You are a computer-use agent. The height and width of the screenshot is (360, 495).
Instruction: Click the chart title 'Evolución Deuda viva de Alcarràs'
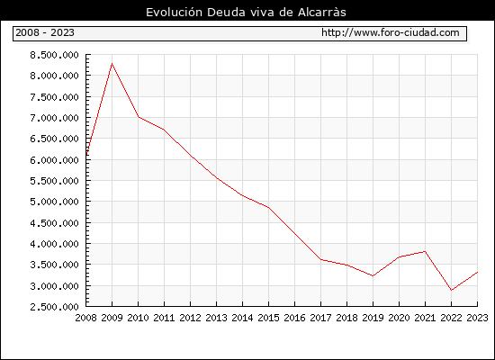246,13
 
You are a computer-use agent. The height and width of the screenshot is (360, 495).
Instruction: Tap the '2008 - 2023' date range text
45,32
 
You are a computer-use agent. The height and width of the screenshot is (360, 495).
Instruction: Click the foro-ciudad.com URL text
391,32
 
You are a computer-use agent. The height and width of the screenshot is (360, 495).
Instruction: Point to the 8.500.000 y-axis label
54,55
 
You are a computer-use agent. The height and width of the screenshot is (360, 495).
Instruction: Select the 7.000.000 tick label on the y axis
54,118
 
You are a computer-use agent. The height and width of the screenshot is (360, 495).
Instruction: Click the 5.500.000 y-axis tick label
54,181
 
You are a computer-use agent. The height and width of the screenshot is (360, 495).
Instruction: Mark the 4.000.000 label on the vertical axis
54,244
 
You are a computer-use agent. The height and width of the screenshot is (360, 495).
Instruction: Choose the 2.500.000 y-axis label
54,307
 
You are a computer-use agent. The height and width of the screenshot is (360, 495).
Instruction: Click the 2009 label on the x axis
112,318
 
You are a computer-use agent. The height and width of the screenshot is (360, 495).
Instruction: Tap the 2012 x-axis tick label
191,318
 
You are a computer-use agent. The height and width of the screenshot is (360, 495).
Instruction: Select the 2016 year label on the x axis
294,318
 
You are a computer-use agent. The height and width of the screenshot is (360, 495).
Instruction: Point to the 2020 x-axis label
399,318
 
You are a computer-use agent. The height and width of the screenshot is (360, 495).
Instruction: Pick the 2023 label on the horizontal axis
477,318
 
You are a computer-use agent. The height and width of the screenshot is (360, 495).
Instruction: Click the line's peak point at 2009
112,64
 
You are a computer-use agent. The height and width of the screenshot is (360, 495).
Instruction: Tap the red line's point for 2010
139,117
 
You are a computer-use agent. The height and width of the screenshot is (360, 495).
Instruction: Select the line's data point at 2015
269,208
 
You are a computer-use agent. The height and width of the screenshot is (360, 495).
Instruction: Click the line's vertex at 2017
320,259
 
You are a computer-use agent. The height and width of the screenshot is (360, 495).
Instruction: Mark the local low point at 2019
373,276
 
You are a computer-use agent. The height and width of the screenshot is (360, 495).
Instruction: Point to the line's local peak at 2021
425,251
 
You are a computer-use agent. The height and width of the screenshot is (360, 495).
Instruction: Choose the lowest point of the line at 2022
451,290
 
